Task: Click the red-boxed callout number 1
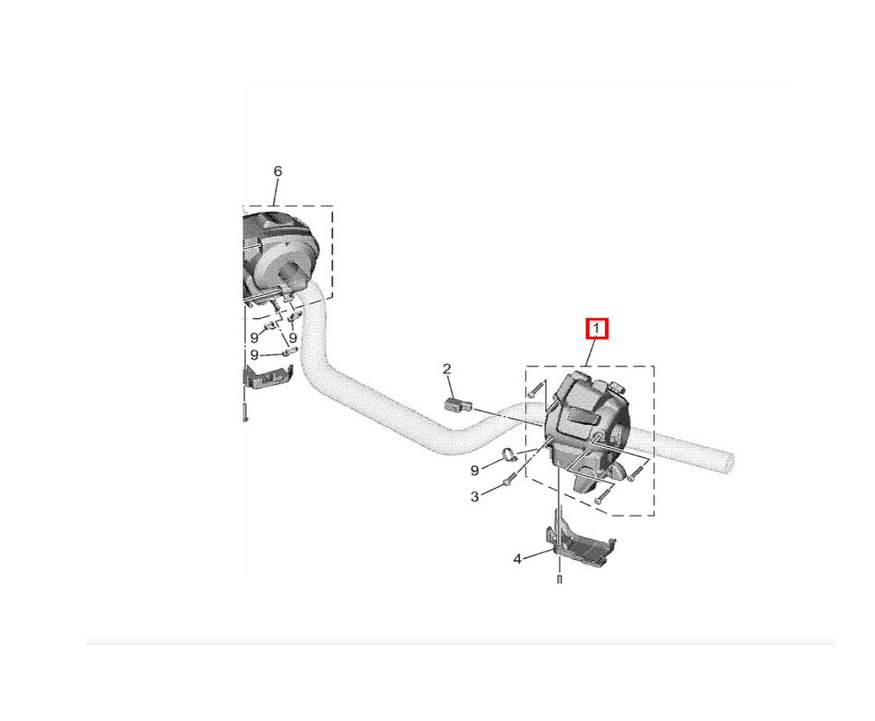coord(596,328)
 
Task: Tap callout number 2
coord(446,369)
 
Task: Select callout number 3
coord(474,496)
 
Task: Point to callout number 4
coord(517,559)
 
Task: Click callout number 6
coord(278,171)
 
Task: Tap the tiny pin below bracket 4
coord(559,579)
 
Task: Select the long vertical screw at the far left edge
coord(244,410)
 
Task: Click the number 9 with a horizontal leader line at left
coord(254,355)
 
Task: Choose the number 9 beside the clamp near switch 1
coord(474,470)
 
